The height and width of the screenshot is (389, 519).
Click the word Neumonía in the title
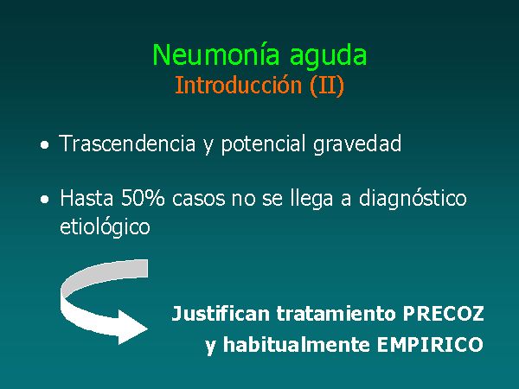coord(215,54)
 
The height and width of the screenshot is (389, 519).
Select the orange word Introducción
coord(239,85)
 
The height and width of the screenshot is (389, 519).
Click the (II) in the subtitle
coord(327,86)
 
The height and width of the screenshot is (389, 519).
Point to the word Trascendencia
coord(127,143)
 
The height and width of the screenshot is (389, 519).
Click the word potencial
coord(263,145)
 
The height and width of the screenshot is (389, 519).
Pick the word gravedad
coord(357,145)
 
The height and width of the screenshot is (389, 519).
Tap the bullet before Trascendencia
coord(44,145)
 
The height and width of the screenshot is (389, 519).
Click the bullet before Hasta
coord(44,200)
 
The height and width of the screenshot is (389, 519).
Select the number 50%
coord(143,198)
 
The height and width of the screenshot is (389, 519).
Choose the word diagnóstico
coord(413,200)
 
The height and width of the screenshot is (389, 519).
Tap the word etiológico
coord(105,227)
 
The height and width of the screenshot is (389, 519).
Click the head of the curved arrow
coord(132,328)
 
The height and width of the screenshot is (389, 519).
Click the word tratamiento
coord(336,313)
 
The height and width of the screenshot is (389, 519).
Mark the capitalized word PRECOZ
coord(443,314)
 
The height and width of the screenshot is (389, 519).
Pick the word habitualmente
coord(296,344)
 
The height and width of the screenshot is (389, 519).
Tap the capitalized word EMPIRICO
coord(430,345)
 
